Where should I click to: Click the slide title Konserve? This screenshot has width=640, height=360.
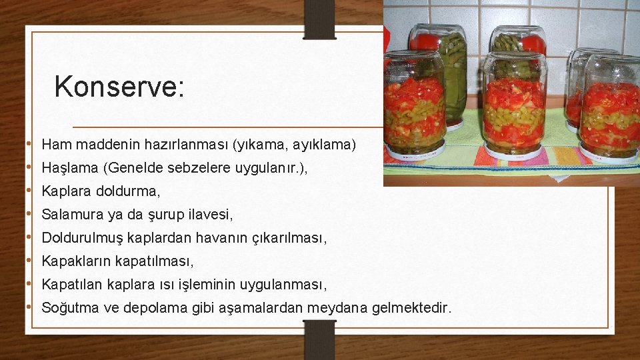(119, 86)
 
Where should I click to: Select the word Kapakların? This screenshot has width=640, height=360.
(76, 261)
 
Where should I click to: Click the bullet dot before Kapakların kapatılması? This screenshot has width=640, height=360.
(30, 261)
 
